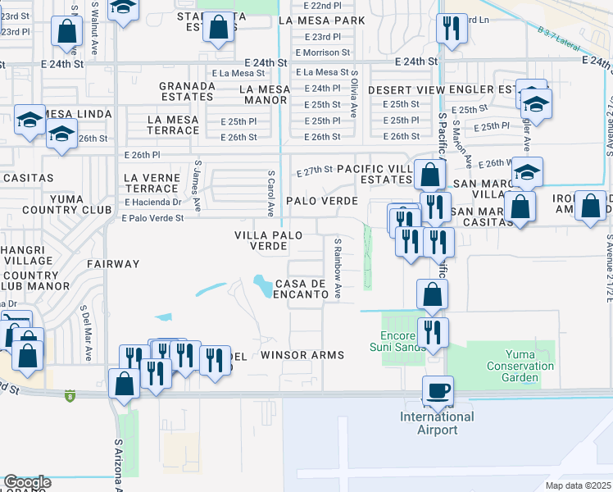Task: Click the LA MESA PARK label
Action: pos(321,20)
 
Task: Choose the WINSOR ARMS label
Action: pos(302,355)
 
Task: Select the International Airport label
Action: pos(437,423)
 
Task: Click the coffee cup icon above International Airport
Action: pos(438,390)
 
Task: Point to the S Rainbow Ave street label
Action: pos(336,268)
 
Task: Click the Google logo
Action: pos(26,482)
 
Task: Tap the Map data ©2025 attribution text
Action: pos(579,485)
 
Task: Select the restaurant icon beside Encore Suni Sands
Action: pos(432,332)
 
